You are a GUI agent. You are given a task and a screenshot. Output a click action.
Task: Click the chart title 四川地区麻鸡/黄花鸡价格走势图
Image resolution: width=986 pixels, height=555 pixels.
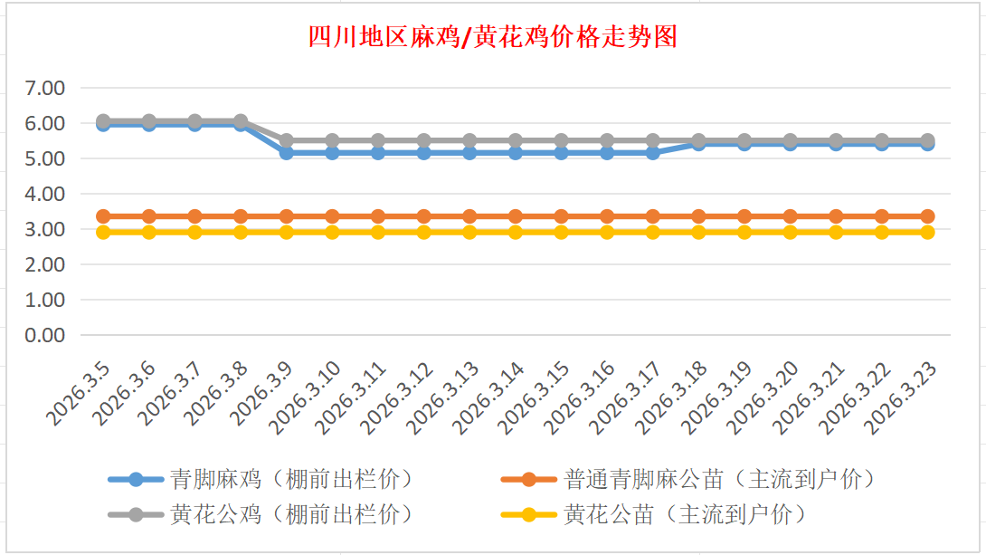[493, 37]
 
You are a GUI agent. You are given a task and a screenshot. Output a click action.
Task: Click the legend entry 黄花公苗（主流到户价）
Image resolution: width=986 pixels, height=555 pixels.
[684, 514]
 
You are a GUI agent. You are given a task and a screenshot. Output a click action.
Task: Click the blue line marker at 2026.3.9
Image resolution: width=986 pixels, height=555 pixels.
[287, 153]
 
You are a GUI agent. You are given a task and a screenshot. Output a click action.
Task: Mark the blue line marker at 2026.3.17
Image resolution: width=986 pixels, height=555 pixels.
[653, 153]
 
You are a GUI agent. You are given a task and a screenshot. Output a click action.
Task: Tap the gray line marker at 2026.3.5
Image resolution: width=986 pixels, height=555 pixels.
[103, 120]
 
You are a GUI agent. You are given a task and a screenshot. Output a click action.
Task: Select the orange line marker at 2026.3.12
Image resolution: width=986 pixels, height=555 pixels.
[424, 216]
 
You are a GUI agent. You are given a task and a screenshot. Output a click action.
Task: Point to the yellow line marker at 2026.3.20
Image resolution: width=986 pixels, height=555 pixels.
[791, 233]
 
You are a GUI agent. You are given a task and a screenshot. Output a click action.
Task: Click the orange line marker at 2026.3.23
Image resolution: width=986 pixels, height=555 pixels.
[928, 216]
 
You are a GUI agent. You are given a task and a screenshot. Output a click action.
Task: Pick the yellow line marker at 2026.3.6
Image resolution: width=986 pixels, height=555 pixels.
[149, 233]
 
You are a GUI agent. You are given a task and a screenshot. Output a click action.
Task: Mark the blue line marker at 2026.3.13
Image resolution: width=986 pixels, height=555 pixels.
[469, 153]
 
